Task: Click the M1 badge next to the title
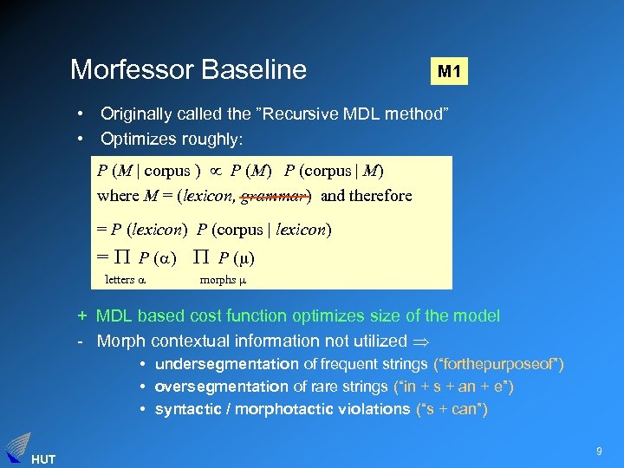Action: point(449,70)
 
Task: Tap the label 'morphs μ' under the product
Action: point(224,279)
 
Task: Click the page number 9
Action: point(599,450)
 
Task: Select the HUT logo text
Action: point(42,458)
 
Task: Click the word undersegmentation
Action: point(227,364)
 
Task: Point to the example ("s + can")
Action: point(452,409)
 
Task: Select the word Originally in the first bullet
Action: point(137,114)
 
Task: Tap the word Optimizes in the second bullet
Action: point(136,139)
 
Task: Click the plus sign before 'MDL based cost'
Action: point(81,317)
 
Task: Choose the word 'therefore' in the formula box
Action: point(379,196)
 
